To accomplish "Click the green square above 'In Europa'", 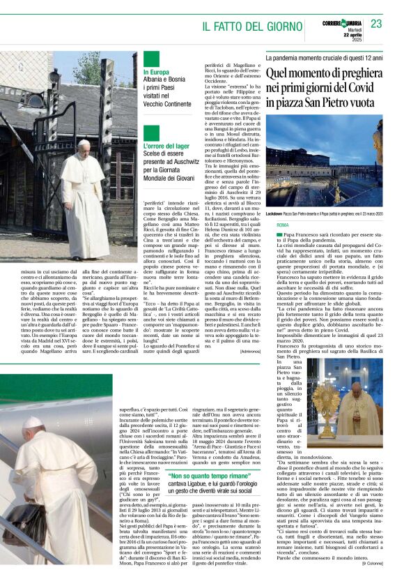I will click(x=151, y=59).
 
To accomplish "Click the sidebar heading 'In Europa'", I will click(x=156, y=72).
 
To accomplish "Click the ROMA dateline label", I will click(x=282, y=225).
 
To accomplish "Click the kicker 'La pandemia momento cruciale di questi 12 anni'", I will click(x=324, y=58).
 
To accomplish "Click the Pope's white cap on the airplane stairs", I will click(x=33, y=421).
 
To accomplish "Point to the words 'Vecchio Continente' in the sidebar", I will click(x=166, y=103).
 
